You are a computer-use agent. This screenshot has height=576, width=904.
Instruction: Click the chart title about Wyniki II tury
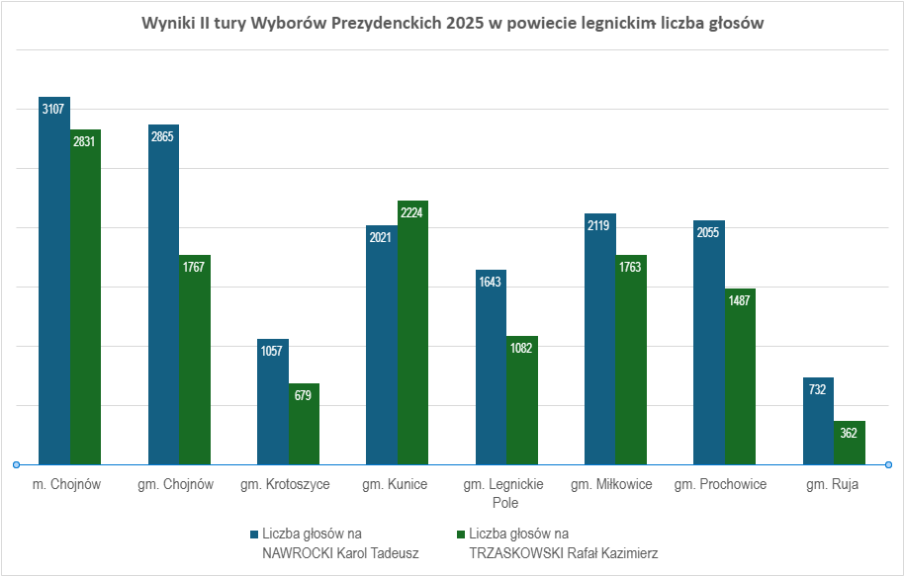coord(452,24)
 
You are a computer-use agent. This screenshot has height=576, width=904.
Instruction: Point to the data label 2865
coord(163,136)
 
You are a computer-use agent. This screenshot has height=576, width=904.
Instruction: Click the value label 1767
coord(195,266)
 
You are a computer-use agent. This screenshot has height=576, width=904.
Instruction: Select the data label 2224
coord(412,211)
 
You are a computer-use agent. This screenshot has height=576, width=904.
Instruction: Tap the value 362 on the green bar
coord(849,433)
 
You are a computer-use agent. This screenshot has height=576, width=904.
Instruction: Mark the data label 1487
coord(739,300)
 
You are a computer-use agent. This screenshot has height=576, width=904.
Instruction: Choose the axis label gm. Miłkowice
coord(612,485)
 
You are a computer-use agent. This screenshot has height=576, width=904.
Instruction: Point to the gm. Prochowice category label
coord(720,485)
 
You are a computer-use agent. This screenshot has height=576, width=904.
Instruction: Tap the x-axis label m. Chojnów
coord(67,485)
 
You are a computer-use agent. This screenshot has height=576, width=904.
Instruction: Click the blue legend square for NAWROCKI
coord(253,535)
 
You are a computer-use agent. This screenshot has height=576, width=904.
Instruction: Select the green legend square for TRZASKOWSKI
coord(461,535)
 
